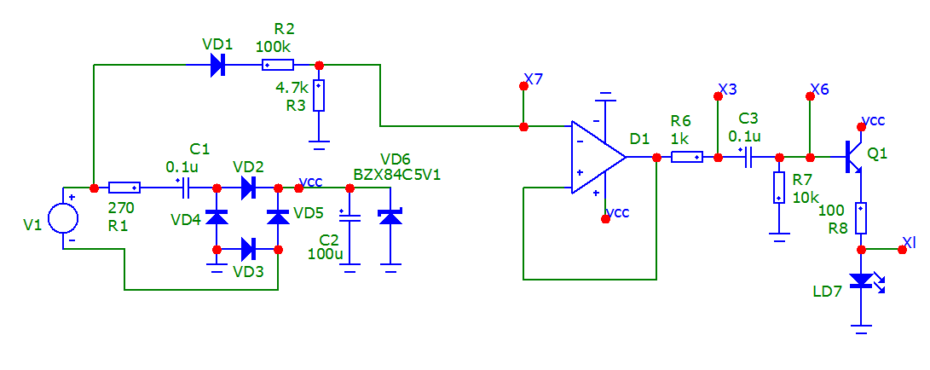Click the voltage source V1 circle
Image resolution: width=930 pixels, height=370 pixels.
coord(63,217)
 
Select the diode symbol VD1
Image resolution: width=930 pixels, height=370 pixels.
coord(217,65)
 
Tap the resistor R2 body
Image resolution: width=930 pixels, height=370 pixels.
coord(276,65)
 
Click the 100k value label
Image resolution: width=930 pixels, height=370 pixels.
coord(274,47)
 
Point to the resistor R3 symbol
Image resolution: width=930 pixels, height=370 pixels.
coord(319,95)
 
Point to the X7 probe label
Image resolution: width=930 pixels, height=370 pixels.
coord(534,79)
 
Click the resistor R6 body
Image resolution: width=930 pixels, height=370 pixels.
coord(687,157)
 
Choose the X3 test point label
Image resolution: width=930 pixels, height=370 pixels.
coord(729,89)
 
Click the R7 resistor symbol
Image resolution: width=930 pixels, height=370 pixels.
coord(779,188)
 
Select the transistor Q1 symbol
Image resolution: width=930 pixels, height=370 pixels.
coord(854,157)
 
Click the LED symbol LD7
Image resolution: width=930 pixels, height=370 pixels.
coord(863,280)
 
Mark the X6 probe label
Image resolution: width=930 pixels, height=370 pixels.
coord(820,89)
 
